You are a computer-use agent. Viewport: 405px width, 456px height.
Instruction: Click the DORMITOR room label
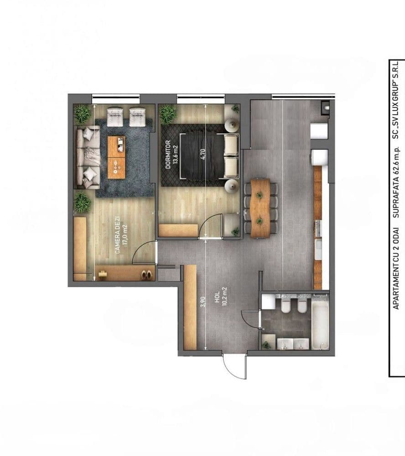[168, 155]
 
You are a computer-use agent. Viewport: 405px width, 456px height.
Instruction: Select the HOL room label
[217, 299]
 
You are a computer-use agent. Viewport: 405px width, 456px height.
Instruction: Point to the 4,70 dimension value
[203, 154]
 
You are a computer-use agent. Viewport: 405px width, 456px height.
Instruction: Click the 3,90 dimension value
[203, 301]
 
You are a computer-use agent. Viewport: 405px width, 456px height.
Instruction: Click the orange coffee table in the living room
[116, 157]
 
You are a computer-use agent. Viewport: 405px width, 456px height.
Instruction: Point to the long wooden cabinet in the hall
[190, 307]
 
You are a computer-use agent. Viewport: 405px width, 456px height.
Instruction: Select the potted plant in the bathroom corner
[266, 345]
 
